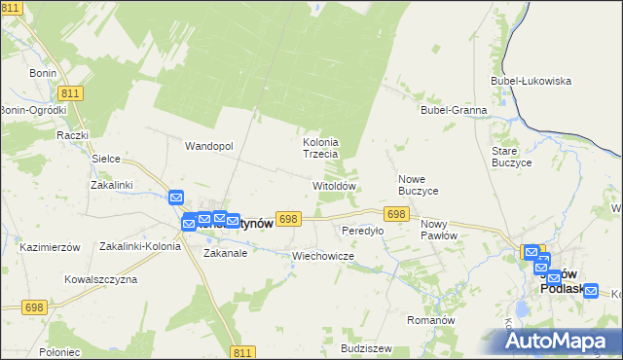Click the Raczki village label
tap(73, 135)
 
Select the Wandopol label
tap(209, 146)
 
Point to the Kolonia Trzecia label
tap(320, 148)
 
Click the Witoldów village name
tap(334, 185)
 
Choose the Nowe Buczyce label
tap(419, 185)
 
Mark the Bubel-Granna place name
tap(454, 110)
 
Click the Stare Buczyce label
tap(511, 158)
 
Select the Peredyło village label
tap(362, 231)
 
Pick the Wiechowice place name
tap(322, 255)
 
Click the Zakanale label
tap(225, 252)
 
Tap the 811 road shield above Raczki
tap(68, 92)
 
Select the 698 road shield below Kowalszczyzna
tap(34, 307)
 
